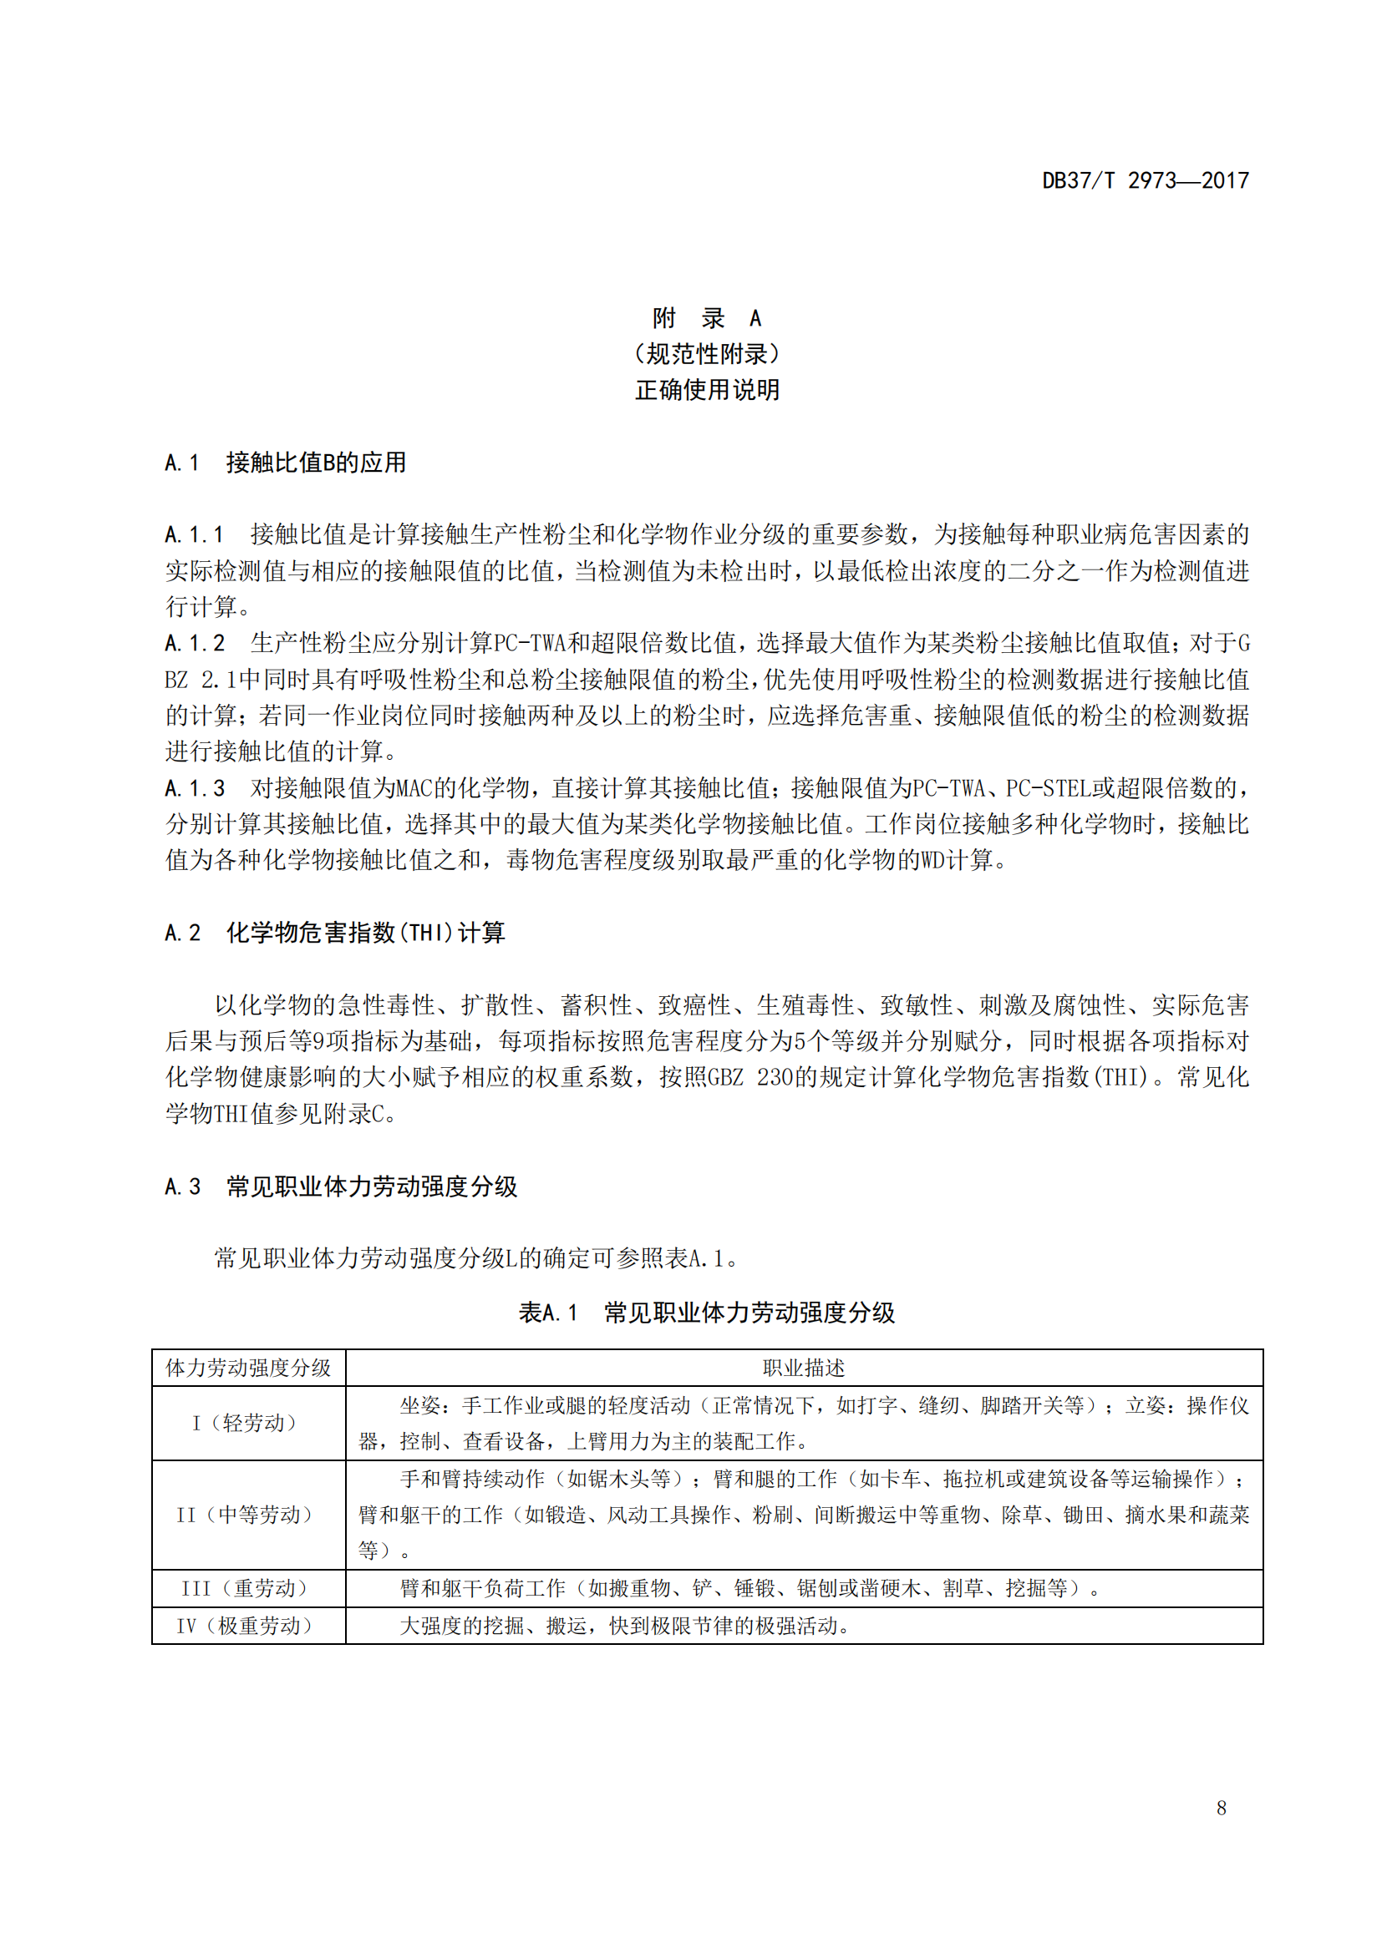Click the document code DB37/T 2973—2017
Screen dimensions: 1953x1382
(x=1145, y=180)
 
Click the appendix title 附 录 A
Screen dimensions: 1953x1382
(x=706, y=318)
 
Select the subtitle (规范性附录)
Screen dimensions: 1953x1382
(x=706, y=354)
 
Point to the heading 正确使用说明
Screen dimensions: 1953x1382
(x=706, y=390)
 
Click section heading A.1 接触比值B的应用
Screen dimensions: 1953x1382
(x=285, y=463)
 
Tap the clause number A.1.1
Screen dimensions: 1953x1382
(x=194, y=535)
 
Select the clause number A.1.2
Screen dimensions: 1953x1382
(x=194, y=643)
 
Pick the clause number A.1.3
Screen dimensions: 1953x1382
(x=194, y=788)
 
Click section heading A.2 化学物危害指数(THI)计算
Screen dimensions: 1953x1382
(x=334, y=933)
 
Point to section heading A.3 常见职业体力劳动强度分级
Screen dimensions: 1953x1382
(x=340, y=1186)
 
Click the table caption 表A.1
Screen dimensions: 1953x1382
(x=548, y=1313)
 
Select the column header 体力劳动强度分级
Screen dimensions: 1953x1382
(x=247, y=1368)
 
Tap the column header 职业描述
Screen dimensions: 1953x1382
(x=803, y=1368)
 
